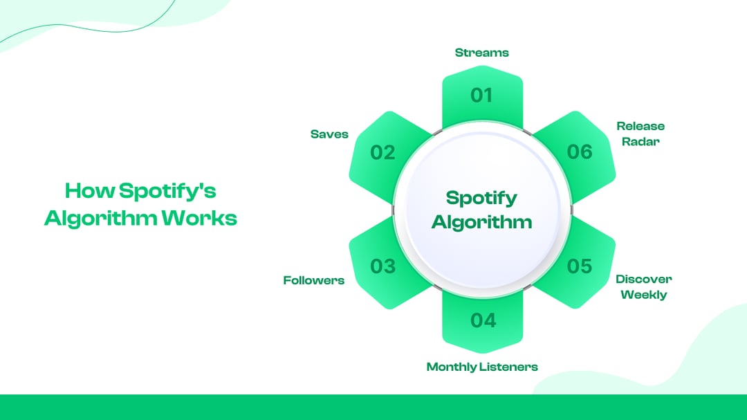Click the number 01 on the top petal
tap(481, 95)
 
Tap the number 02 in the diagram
tap(382, 152)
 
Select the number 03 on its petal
tap(382, 266)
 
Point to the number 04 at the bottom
tap(483, 320)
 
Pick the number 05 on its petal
tap(580, 266)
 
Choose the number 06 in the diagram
tap(580, 152)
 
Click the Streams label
tap(481, 53)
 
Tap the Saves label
tap(329, 134)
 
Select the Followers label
tap(313, 280)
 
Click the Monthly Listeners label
tap(481, 367)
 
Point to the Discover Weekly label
tap(643, 286)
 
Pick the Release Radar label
tap(640, 134)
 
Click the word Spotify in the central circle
tap(481, 198)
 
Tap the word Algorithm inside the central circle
tap(481, 221)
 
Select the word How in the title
tap(89, 190)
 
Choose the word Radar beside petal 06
tap(640, 142)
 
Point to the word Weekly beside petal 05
tap(643, 295)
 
